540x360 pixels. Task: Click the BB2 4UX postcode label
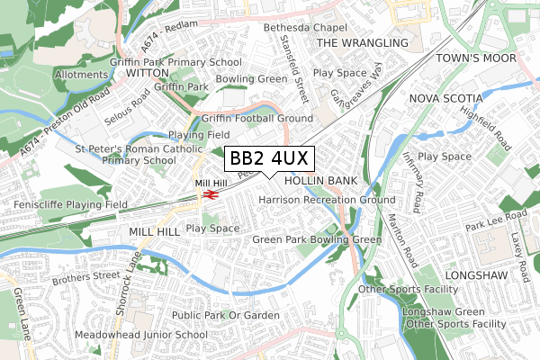[269, 158]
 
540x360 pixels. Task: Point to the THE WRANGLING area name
[362, 43]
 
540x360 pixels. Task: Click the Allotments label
[81, 75]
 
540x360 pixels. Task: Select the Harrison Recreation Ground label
[327, 199]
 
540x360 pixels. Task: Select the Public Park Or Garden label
[226, 315]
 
